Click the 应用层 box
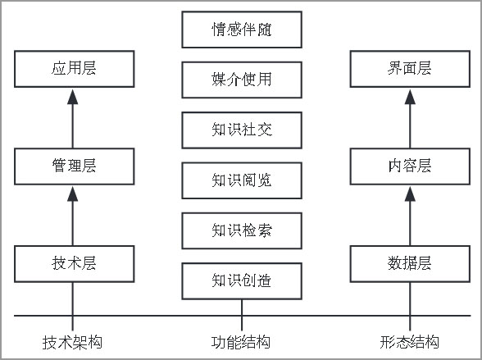coord(75,69)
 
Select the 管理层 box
coord(75,166)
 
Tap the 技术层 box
coord(75,264)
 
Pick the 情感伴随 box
coord(242,30)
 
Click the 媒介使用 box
coord(242,80)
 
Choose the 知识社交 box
coord(242,130)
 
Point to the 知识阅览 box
coord(242,180)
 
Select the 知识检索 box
coord(242,231)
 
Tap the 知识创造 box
coord(242,281)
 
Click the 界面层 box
coord(410,69)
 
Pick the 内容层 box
coord(410,166)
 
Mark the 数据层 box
coord(410,264)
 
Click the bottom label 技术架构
coord(72,342)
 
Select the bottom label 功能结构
coord(241,342)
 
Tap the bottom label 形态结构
coord(410,342)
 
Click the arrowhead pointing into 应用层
coord(72,97)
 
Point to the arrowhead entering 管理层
coord(72,194)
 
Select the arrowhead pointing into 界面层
coord(410,97)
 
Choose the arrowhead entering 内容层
coord(410,194)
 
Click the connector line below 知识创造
coord(242,315)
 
